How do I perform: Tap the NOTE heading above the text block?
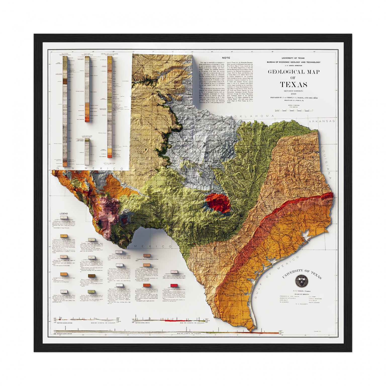226,58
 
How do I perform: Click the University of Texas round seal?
300,281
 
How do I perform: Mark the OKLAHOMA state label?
254,116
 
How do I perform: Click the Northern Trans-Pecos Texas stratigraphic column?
87,89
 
